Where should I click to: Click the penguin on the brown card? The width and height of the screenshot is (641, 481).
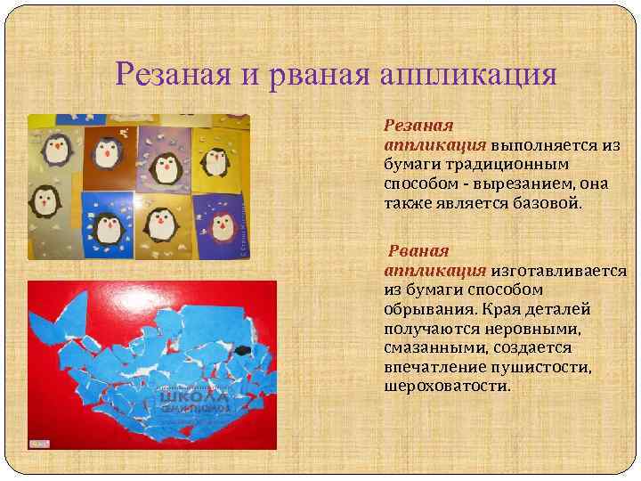(108, 152)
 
